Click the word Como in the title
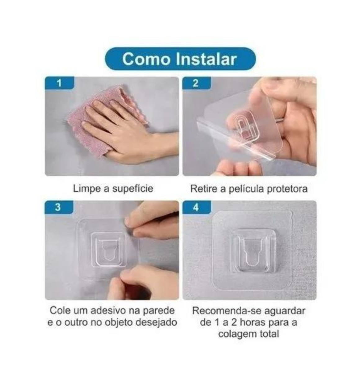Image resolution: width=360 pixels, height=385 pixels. pos(146,59)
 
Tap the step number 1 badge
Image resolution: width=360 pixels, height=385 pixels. pos(59,83)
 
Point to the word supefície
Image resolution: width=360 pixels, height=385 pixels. pos(133,189)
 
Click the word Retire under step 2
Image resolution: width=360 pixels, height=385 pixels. pos(204,189)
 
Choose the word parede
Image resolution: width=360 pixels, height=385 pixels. pos(159,311)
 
